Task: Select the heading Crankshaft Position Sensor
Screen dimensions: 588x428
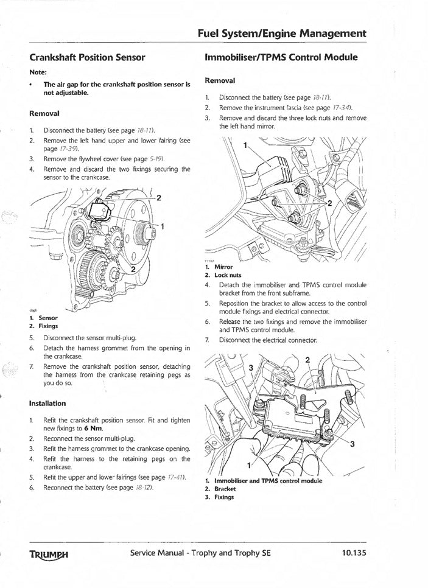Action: point(87,58)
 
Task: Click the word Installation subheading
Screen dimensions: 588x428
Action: point(47,403)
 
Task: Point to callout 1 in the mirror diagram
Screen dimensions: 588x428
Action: point(245,145)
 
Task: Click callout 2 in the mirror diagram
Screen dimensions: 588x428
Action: point(330,204)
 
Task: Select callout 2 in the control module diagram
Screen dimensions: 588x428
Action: point(307,360)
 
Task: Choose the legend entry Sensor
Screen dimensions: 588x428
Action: point(47,318)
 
